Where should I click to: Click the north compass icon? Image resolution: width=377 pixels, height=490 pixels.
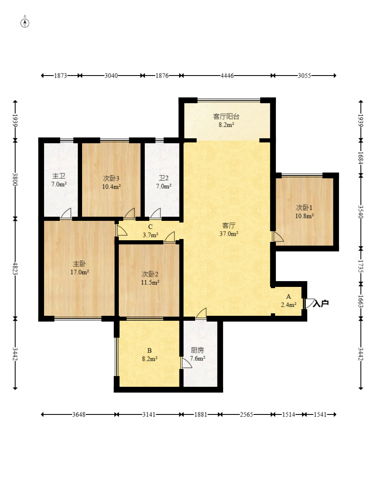point(25,23)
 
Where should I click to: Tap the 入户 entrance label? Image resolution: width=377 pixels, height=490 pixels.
point(321,303)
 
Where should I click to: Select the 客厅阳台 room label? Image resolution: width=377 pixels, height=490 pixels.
point(226,116)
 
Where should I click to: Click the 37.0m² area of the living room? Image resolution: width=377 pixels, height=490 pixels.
point(229,234)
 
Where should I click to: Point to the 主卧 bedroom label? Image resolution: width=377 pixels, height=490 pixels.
point(79,264)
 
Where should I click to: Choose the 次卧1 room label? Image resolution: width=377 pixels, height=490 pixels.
point(304,208)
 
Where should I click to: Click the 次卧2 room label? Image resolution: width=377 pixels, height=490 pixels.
point(150,275)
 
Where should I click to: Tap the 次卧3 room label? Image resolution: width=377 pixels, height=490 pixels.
point(111,178)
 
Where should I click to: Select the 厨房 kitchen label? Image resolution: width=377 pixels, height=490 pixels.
point(198,350)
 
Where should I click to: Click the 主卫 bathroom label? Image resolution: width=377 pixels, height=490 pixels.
point(59,176)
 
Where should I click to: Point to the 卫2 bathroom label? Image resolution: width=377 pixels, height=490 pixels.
point(164,178)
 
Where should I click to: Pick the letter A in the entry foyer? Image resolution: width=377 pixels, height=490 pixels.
point(289,296)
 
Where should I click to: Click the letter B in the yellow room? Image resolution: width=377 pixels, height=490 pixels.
point(149,350)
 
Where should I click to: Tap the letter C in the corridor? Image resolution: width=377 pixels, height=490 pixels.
point(150,227)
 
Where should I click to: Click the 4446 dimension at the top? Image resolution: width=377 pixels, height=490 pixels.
point(227,76)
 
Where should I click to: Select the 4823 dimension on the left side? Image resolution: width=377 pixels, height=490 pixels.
point(15,268)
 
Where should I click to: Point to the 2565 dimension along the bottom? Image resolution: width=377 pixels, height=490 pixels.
point(246,415)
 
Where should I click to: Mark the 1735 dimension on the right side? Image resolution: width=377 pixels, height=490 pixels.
point(361,266)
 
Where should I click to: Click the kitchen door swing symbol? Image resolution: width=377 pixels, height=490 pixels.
point(186,363)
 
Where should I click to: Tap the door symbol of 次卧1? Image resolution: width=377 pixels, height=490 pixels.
point(277,237)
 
